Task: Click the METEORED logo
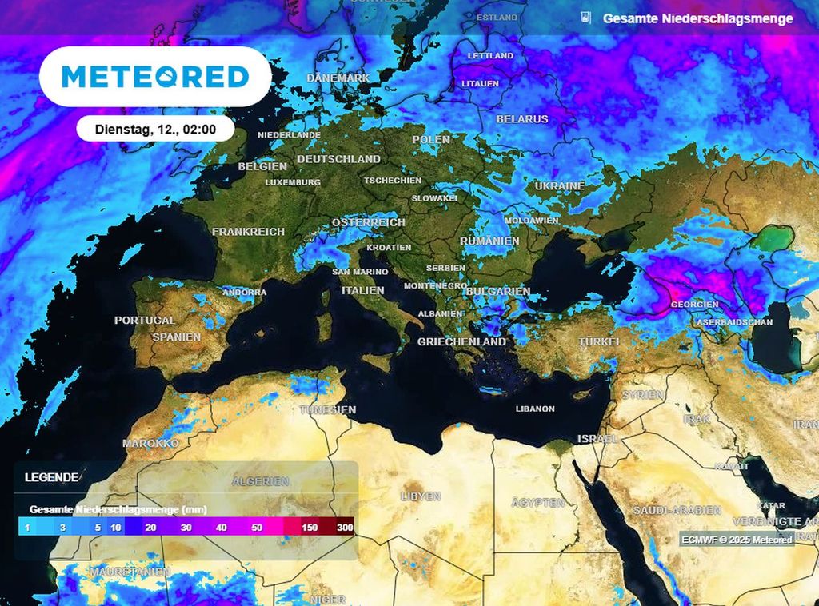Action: click(x=155, y=77)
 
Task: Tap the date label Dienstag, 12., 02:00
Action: click(x=154, y=128)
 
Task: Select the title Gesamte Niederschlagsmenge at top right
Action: click(x=697, y=18)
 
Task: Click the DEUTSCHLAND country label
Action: click(x=338, y=159)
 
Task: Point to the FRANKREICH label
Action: click(x=248, y=232)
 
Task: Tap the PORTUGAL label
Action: click(x=144, y=320)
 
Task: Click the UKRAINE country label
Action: click(x=560, y=185)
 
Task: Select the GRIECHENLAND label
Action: click(x=461, y=341)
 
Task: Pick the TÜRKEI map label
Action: click(x=598, y=341)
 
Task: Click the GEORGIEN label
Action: click(x=694, y=305)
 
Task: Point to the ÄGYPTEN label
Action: click(x=538, y=503)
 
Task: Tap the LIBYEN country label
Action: click(x=420, y=496)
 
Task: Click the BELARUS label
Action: click(x=522, y=119)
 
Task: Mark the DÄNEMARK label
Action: click(x=338, y=78)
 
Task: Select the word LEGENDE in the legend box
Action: click(x=51, y=477)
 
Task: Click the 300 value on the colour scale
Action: click(x=345, y=528)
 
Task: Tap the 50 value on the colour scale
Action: click(x=256, y=528)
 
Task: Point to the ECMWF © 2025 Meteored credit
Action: click(x=737, y=540)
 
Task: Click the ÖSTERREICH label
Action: click(x=369, y=222)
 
